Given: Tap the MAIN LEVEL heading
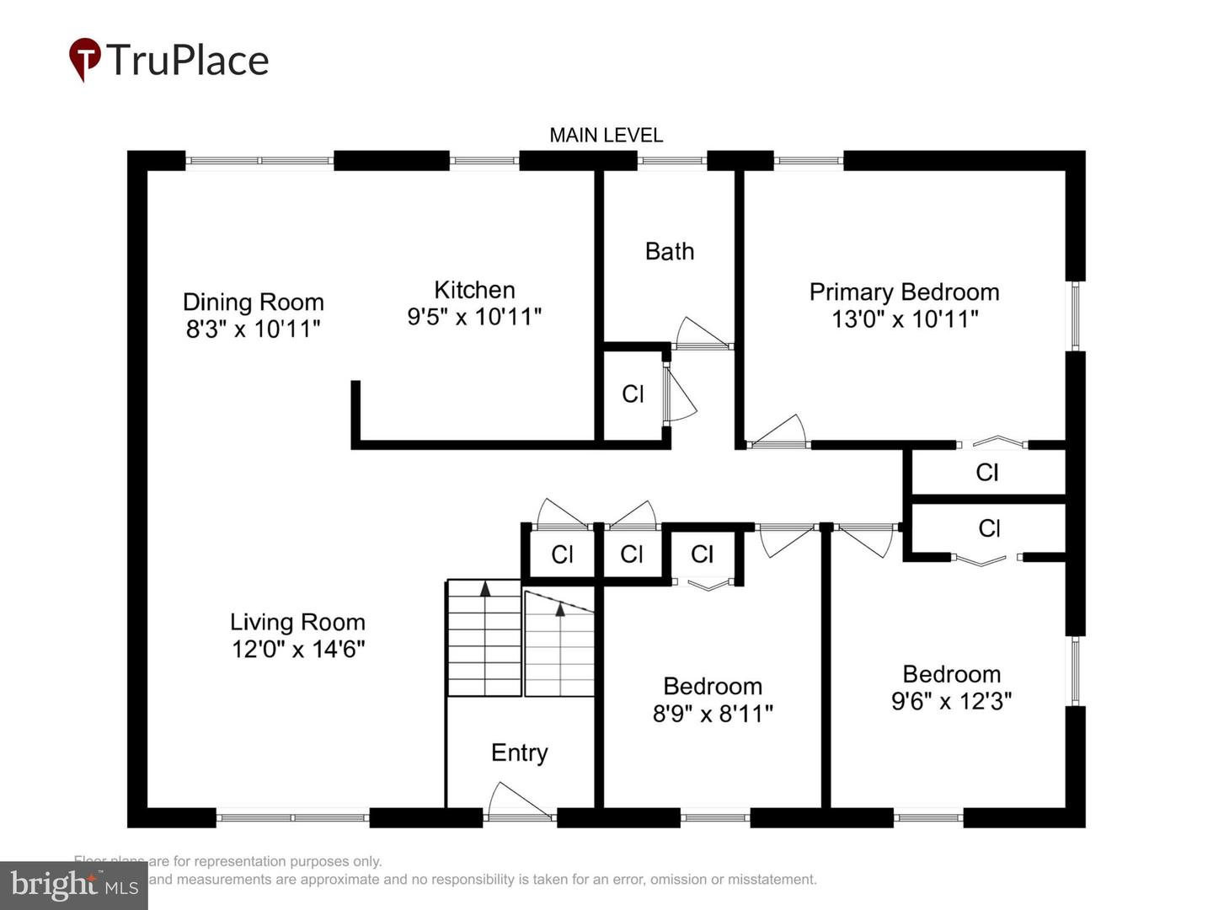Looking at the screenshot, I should coord(606,135).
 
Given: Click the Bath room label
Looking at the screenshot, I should coord(670,251).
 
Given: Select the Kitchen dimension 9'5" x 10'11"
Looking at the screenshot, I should coord(474,317).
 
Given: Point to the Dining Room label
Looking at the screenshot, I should coord(254,302).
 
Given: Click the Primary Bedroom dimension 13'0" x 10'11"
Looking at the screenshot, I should coord(905,319).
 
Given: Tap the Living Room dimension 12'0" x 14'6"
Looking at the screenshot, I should coord(298,649).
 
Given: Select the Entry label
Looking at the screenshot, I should coord(520,752).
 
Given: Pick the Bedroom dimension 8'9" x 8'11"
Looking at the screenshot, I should coord(713,714).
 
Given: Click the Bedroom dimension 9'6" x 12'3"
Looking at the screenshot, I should coord(952,701).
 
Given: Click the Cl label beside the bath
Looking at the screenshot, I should coord(633,393).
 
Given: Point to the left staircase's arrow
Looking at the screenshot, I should coord(484,588).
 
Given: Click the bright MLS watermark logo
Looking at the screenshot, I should coord(74,885).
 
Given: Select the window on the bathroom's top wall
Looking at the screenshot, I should coord(671,160).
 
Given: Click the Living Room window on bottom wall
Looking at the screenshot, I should coord(292,816).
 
